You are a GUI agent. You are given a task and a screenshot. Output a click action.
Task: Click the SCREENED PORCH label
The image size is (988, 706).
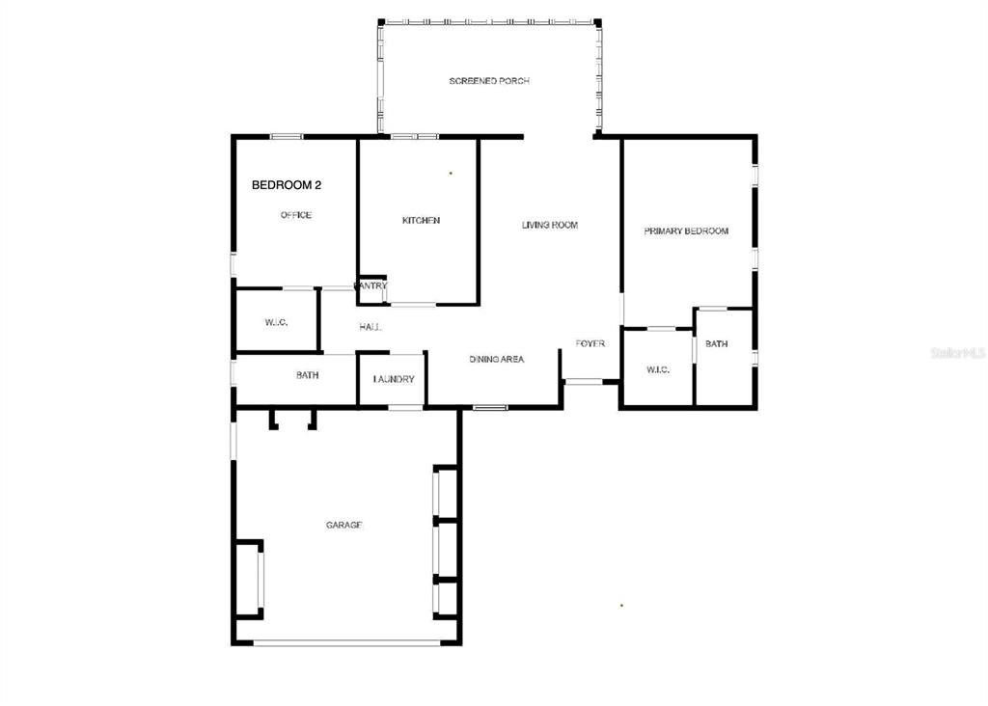[489, 81]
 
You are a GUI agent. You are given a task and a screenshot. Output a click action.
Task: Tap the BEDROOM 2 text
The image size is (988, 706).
[286, 185]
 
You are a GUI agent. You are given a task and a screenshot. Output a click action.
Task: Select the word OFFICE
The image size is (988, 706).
[296, 215]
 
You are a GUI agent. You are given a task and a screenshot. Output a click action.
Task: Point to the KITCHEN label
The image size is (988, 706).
[421, 221]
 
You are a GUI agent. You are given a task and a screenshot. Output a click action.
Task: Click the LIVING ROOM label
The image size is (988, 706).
[549, 225]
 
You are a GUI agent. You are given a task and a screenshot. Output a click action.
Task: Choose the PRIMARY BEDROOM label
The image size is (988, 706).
[686, 231]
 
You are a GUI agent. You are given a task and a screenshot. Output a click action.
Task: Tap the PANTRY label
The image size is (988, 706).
[371, 285]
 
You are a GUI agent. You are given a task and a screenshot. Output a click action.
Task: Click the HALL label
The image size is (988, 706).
[370, 327]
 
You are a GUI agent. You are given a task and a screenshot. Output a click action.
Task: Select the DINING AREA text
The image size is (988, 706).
[497, 359]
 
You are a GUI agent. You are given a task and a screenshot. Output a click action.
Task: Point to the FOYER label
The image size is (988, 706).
[590, 343]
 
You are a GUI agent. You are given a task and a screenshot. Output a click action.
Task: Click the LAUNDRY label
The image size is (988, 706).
[394, 379]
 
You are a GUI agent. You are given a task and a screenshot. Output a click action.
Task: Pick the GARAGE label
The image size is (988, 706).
[344, 525]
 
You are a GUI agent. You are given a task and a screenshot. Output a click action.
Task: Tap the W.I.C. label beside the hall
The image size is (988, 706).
[276, 322]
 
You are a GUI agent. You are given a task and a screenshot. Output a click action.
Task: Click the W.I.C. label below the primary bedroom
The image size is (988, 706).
[658, 369]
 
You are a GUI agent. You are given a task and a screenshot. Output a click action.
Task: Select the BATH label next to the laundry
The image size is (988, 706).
[308, 375]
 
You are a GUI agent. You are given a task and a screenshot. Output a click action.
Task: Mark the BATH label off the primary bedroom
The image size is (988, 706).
[717, 344]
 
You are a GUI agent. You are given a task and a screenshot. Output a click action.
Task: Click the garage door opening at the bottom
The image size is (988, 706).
[347, 643]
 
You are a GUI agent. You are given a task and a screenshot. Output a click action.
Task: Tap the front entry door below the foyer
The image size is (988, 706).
[584, 381]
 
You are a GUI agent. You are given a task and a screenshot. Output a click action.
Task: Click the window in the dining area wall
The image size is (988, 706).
[490, 408]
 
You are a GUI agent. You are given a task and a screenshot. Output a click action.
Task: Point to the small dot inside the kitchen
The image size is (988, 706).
[451, 173]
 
